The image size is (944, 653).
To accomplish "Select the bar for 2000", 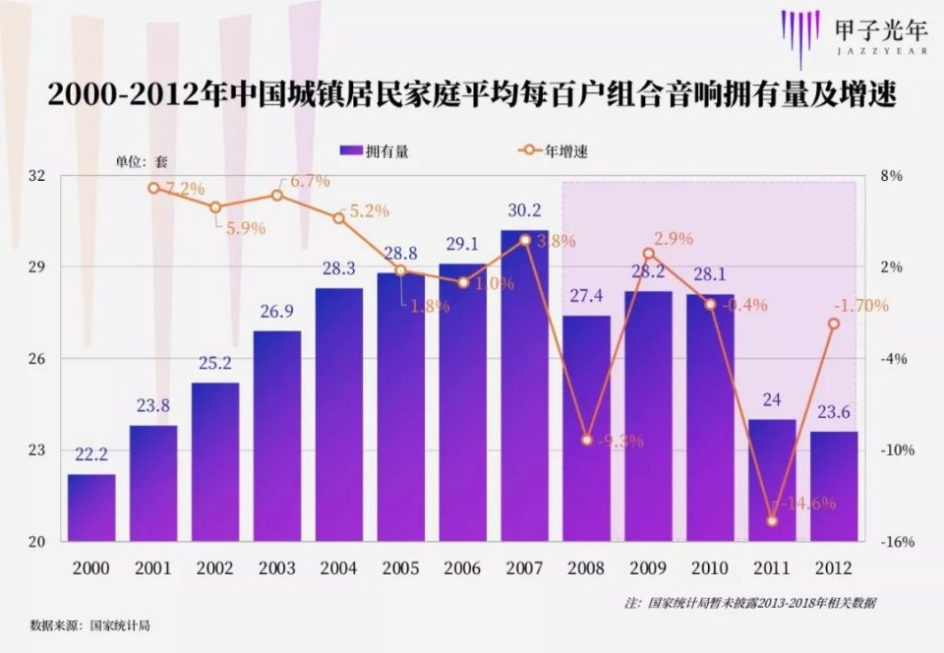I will tap(91, 507).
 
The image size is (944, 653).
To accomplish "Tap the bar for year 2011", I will tap(771, 480).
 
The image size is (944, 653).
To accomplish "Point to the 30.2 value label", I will tap(524, 210).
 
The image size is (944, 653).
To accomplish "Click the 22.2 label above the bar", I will tap(91, 455).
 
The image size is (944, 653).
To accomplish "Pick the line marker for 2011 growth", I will tap(772, 520).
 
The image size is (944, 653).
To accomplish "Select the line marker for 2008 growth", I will tap(586, 440).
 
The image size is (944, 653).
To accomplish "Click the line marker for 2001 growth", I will tap(153, 188).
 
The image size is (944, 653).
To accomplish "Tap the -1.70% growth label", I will tap(860, 305).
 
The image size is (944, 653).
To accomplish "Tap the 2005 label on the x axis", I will tap(400, 568).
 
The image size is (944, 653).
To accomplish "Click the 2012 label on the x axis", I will tap(833, 568).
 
